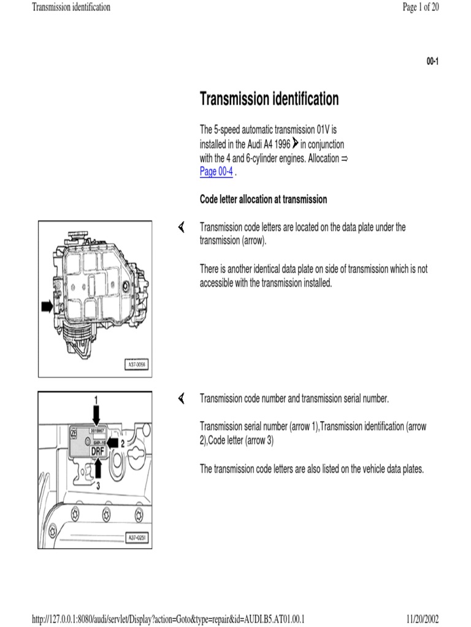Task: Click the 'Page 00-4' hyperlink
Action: point(216,172)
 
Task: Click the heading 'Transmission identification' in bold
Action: point(269,99)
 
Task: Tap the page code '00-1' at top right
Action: point(432,61)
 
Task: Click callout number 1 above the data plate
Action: point(96,399)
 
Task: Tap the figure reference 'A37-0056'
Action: point(136,366)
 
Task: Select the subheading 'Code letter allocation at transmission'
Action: point(263,200)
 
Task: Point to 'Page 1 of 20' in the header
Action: point(420,7)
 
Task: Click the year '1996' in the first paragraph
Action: point(279,145)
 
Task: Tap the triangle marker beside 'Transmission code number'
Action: point(182,399)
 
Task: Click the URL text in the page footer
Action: point(169,619)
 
